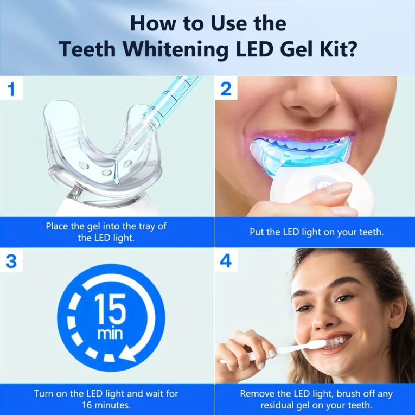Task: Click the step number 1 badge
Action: coord(11,89)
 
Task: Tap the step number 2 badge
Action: coord(226,89)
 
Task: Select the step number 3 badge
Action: coord(11,261)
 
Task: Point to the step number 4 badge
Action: coord(226,261)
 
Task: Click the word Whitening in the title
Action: coord(175,49)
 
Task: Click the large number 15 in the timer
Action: coord(110,309)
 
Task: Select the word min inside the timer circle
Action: coord(110,334)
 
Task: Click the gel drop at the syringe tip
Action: coord(116,180)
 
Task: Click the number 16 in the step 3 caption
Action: coord(87,405)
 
